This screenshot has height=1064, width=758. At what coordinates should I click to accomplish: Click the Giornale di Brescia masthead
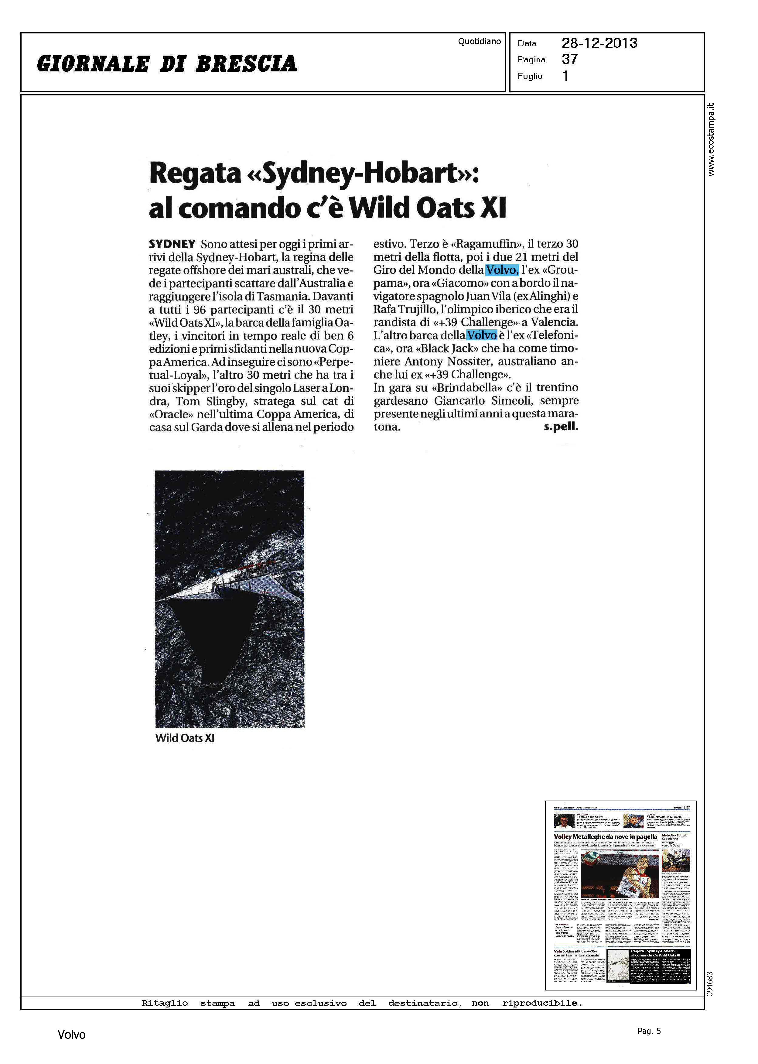(167, 64)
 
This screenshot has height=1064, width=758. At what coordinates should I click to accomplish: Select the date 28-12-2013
(599, 43)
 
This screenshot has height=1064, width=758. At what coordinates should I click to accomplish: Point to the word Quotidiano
(479, 42)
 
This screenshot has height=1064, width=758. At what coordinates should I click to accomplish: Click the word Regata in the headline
(195, 174)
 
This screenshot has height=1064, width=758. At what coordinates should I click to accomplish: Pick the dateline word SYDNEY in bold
(172, 244)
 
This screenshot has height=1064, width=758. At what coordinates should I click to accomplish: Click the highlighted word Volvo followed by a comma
(502, 270)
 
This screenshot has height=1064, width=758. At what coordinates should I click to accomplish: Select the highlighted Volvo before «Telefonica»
(482, 335)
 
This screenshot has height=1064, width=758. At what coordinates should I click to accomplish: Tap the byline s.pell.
(561, 427)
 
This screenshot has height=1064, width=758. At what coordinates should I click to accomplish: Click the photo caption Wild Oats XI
(185, 738)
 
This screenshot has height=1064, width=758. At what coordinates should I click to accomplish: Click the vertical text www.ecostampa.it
(710, 139)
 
